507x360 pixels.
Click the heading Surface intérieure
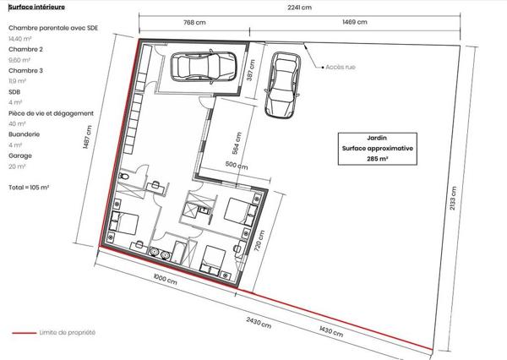pyautogui.click(x=36, y=7)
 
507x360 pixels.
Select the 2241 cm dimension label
pyautogui.click(x=299, y=7)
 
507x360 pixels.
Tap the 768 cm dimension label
pyautogui.click(x=194, y=22)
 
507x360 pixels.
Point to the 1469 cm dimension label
pyautogui.click(x=355, y=22)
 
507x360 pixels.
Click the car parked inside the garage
pyautogui.click(x=204, y=66)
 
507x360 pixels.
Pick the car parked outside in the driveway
pyautogui.click(x=282, y=85)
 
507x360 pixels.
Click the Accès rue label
pyautogui.click(x=341, y=67)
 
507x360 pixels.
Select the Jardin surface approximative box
pyautogui.click(x=378, y=149)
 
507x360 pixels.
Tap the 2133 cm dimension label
pyautogui.click(x=453, y=198)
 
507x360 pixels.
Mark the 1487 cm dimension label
pyautogui.click(x=87, y=137)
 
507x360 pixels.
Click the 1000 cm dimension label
pyautogui.click(x=166, y=279)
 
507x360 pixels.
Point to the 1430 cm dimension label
pyautogui.click(x=331, y=331)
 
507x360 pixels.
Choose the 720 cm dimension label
pyautogui.click(x=259, y=242)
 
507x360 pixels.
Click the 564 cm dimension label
pyautogui.click(x=237, y=143)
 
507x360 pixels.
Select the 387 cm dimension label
pyautogui.click(x=251, y=70)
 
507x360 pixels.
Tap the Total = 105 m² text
pyautogui.click(x=29, y=188)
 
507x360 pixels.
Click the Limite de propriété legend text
pyautogui.click(x=68, y=332)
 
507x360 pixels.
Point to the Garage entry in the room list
pyautogui.click(x=20, y=155)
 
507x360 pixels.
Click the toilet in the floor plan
pyautogui.click(x=124, y=177)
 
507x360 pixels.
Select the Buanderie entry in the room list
pyautogui.click(x=25, y=134)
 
